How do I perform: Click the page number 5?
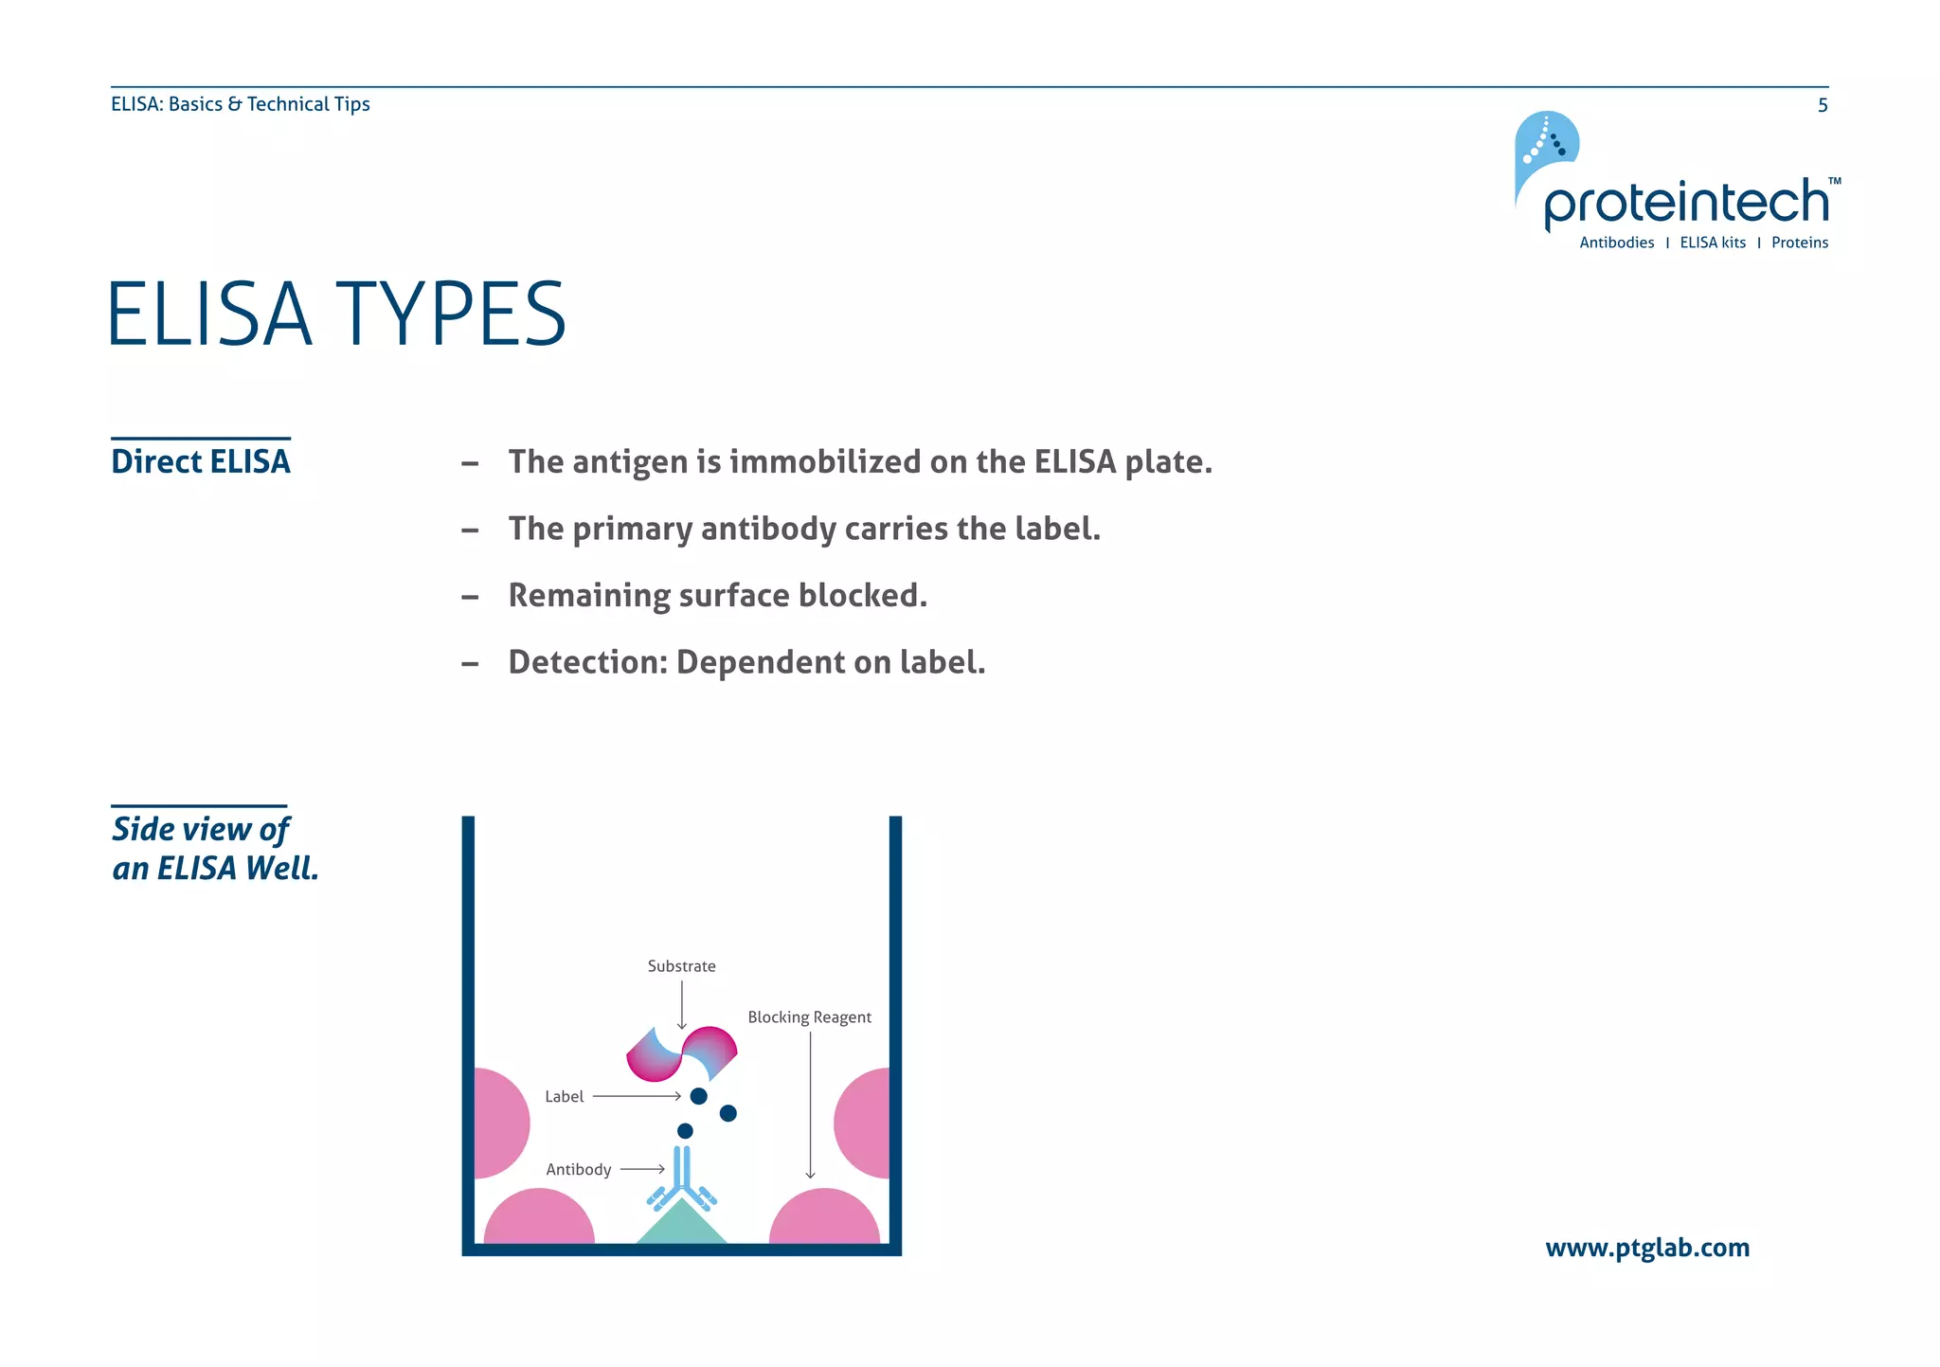click(1822, 105)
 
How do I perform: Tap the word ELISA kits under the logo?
click(1712, 243)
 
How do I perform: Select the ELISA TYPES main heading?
click(336, 315)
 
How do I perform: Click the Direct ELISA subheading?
click(201, 461)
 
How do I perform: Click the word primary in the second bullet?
click(632, 529)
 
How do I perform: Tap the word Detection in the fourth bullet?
click(587, 662)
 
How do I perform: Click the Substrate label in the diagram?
click(681, 966)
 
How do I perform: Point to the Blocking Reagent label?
click(809, 1017)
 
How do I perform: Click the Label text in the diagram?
click(564, 1097)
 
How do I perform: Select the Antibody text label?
click(578, 1170)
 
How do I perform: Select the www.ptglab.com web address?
click(1646, 1248)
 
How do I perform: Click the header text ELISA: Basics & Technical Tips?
click(240, 104)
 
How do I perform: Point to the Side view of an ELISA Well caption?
click(214, 849)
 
